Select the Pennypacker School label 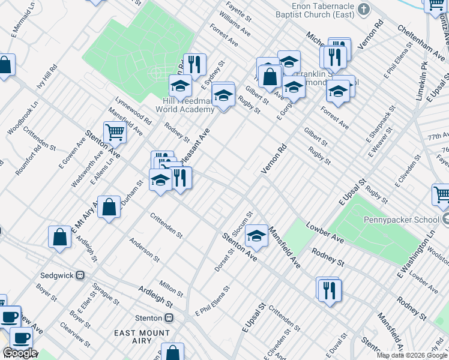coord(406,219)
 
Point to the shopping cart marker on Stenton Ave coord(115,132)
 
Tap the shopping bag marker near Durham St coord(109,208)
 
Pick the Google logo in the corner coord(20,353)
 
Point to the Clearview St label coord(75,335)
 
